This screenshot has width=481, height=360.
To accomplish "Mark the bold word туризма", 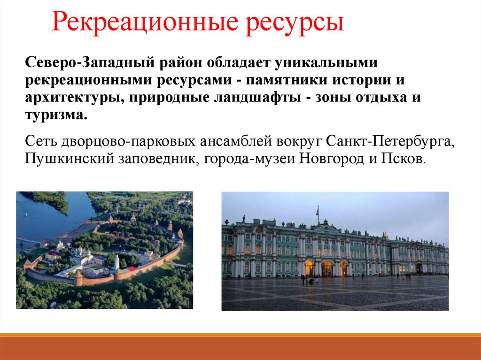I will [x=56, y=115].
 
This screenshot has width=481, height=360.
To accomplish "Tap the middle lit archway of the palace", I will [x=327, y=269].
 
